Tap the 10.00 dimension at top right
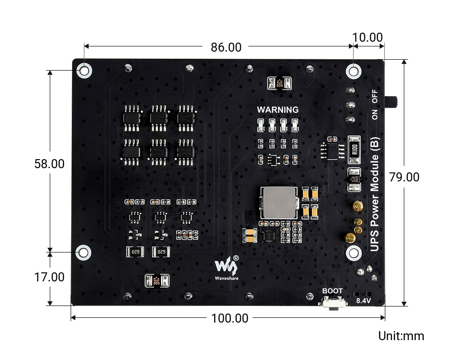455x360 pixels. tap(367, 37)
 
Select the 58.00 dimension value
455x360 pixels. tap(49, 164)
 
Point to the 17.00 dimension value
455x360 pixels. tap(49, 277)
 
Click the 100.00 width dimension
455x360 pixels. tap(229, 318)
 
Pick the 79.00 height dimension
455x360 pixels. tap(404, 177)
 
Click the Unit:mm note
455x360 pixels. tap(401, 336)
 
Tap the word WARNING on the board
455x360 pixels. tap(278, 110)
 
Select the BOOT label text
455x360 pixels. tap(332, 291)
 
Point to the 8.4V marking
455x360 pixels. tap(364, 301)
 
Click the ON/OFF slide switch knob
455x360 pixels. tap(393, 101)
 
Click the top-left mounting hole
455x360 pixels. tap(84, 71)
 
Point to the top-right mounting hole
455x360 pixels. tap(353, 71)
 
